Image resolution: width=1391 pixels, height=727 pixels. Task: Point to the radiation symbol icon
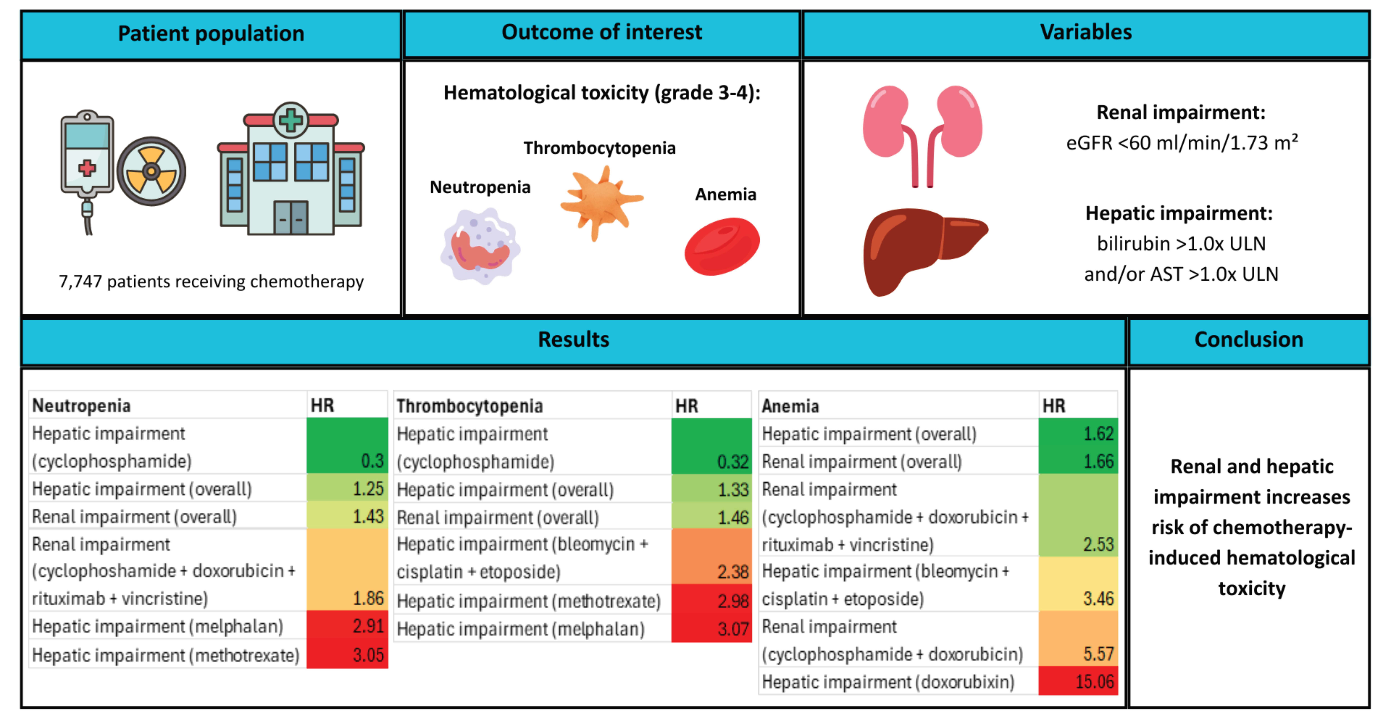(151, 171)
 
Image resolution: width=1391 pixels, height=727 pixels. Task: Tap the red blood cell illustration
(722, 246)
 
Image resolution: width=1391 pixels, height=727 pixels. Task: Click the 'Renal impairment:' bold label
(1181, 112)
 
